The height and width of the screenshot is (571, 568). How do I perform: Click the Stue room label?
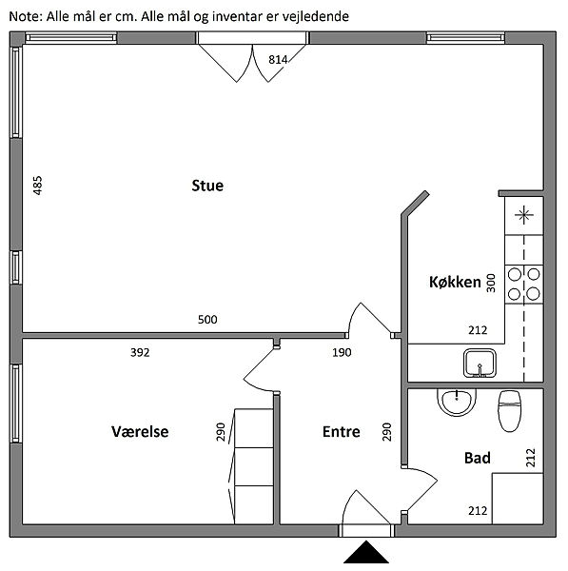207,186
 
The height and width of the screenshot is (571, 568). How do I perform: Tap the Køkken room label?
455,283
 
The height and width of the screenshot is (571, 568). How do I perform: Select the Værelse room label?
140,432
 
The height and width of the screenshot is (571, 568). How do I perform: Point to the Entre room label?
342,432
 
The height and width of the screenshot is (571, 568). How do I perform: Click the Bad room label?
478,458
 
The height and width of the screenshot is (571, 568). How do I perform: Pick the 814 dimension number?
278,59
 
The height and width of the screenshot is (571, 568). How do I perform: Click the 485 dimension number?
37,186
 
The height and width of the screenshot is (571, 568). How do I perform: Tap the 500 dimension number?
207,320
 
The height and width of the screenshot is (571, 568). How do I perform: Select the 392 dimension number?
140,352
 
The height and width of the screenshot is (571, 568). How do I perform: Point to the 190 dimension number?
342,352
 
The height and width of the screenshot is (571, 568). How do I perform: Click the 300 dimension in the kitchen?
491,283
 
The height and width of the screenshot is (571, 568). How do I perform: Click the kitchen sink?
480,364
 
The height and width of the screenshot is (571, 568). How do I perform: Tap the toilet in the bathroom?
509,411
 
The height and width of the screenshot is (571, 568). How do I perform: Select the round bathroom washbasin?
457,402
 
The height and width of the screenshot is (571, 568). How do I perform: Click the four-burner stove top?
524,284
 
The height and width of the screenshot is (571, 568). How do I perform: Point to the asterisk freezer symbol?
524,215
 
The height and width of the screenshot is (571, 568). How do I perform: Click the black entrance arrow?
366,552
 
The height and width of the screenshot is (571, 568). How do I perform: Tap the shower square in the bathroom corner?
518,499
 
